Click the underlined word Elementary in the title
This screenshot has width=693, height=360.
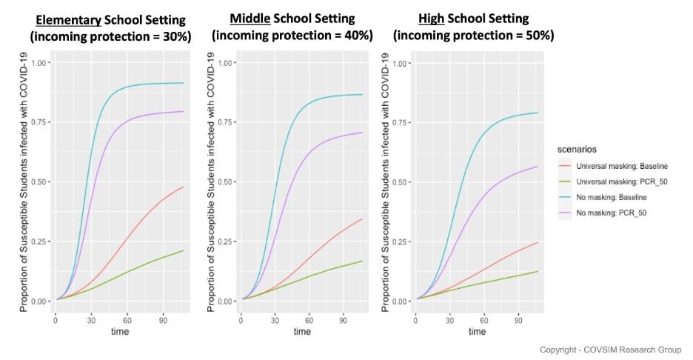pyautogui.click(x=69, y=20)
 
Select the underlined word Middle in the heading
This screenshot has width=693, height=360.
pyautogui.click(x=250, y=19)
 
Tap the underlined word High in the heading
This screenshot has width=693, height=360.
pyautogui.click(x=432, y=19)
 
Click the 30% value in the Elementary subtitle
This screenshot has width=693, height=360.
pyautogui.click(x=175, y=36)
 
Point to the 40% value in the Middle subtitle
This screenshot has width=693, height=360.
pyautogui.click(x=357, y=35)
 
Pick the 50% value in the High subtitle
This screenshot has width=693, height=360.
pyautogui.click(x=538, y=35)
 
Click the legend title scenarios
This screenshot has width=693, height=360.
pyautogui.click(x=577, y=149)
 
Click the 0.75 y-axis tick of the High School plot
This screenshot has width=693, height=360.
pyautogui.click(x=400, y=122)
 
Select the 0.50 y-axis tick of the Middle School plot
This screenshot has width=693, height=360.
pyautogui.click(x=224, y=181)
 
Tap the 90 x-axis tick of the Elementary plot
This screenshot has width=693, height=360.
pyautogui.click(x=163, y=320)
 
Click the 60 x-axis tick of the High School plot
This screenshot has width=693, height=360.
pyautogui.click(x=484, y=320)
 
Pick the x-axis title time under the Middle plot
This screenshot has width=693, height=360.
pyautogui.click(x=302, y=331)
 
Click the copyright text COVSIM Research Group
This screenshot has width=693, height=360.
pyautogui.click(x=632, y=350)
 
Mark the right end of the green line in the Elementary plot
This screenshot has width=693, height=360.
pyautogui.click(x=184, y=251)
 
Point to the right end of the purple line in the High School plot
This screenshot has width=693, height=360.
pyautogui.click(x=538, y=166)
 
